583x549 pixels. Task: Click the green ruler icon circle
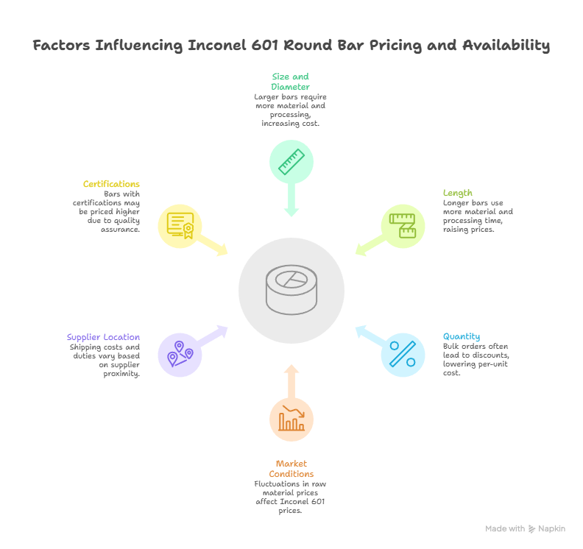click(291, 162)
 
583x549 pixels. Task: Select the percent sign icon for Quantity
click(403, 354)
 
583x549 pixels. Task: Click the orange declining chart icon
click(291, 419)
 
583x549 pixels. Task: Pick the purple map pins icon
click(180, 354)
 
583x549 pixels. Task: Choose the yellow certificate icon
click(180, 226)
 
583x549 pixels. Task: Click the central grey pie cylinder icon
click(291, 291)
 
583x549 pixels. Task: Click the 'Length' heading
click(457, 194)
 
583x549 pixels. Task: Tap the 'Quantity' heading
click(461, 336)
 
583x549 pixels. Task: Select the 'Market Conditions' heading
click(291, 469)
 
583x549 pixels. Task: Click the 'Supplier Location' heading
click(103, 337)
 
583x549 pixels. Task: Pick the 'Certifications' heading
click(111, 184)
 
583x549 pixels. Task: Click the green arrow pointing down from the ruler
click(291, 200)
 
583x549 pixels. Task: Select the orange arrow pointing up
click(291, 379)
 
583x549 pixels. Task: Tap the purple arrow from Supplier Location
click(214, 335)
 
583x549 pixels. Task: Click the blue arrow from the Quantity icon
click(369, 335)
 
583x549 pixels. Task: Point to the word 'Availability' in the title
click(506, 46)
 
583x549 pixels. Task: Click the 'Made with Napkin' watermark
click(525, 528)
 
